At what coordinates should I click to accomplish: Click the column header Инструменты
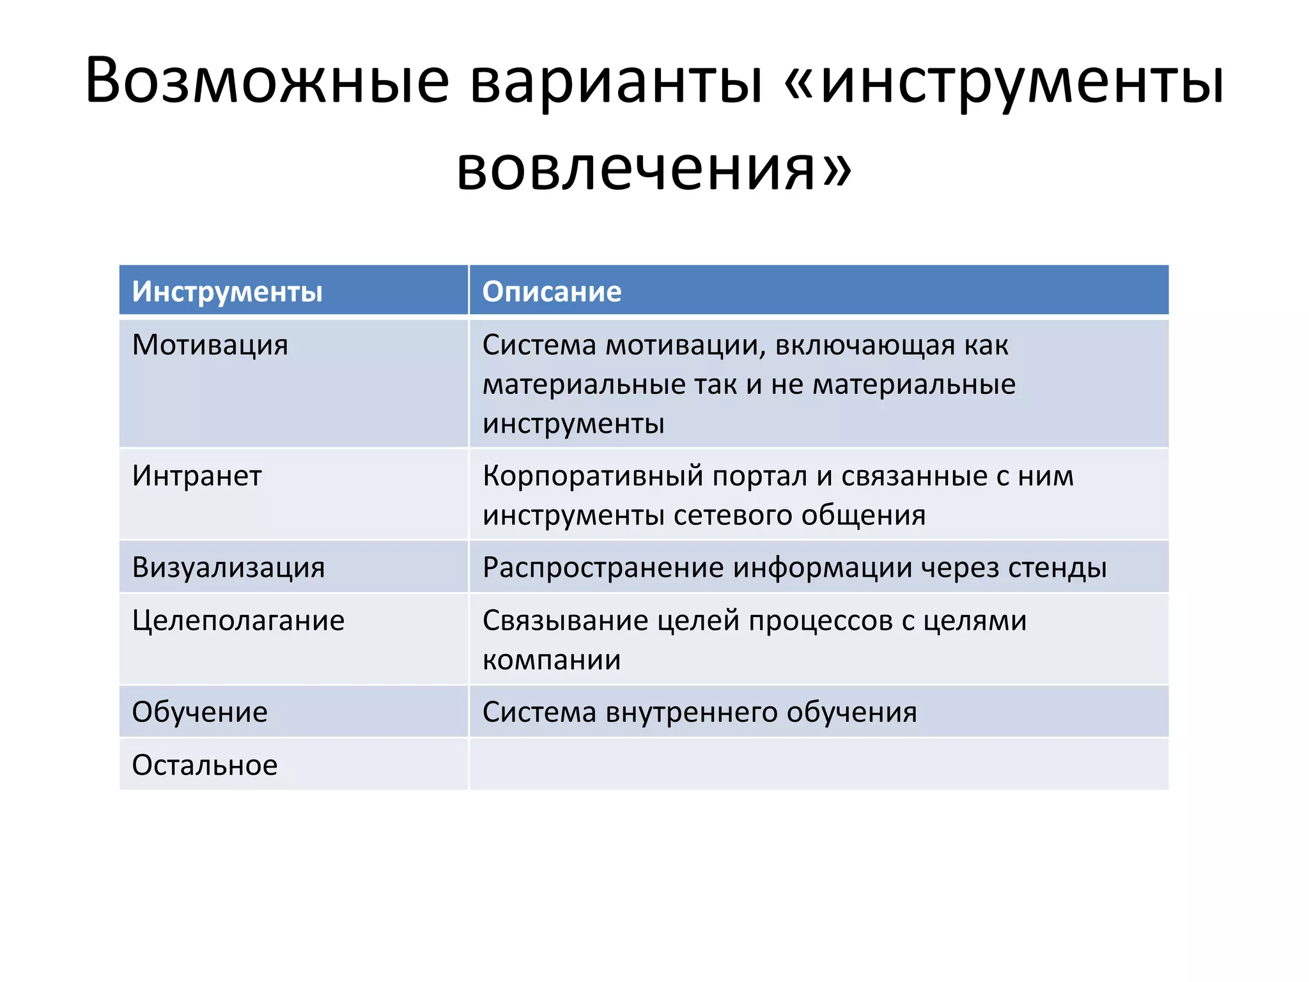(227, 292)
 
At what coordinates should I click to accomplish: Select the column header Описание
(552, 292)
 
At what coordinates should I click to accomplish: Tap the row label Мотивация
(210, 345)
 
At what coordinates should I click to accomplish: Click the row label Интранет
(197, 476)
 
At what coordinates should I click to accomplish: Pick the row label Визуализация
(228, 568)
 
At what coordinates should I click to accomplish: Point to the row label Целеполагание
(238, 621)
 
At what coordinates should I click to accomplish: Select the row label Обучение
(199, 712)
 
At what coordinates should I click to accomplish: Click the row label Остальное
(205, 765)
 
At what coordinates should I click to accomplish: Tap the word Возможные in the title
(267, 82)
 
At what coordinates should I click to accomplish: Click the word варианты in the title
(616, 82)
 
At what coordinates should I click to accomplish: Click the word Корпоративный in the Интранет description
(593, 476)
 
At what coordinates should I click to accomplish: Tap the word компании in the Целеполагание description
(552, 660)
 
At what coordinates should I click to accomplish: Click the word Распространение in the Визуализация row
(603, 568)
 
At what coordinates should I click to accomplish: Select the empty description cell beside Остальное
(818, 765)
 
